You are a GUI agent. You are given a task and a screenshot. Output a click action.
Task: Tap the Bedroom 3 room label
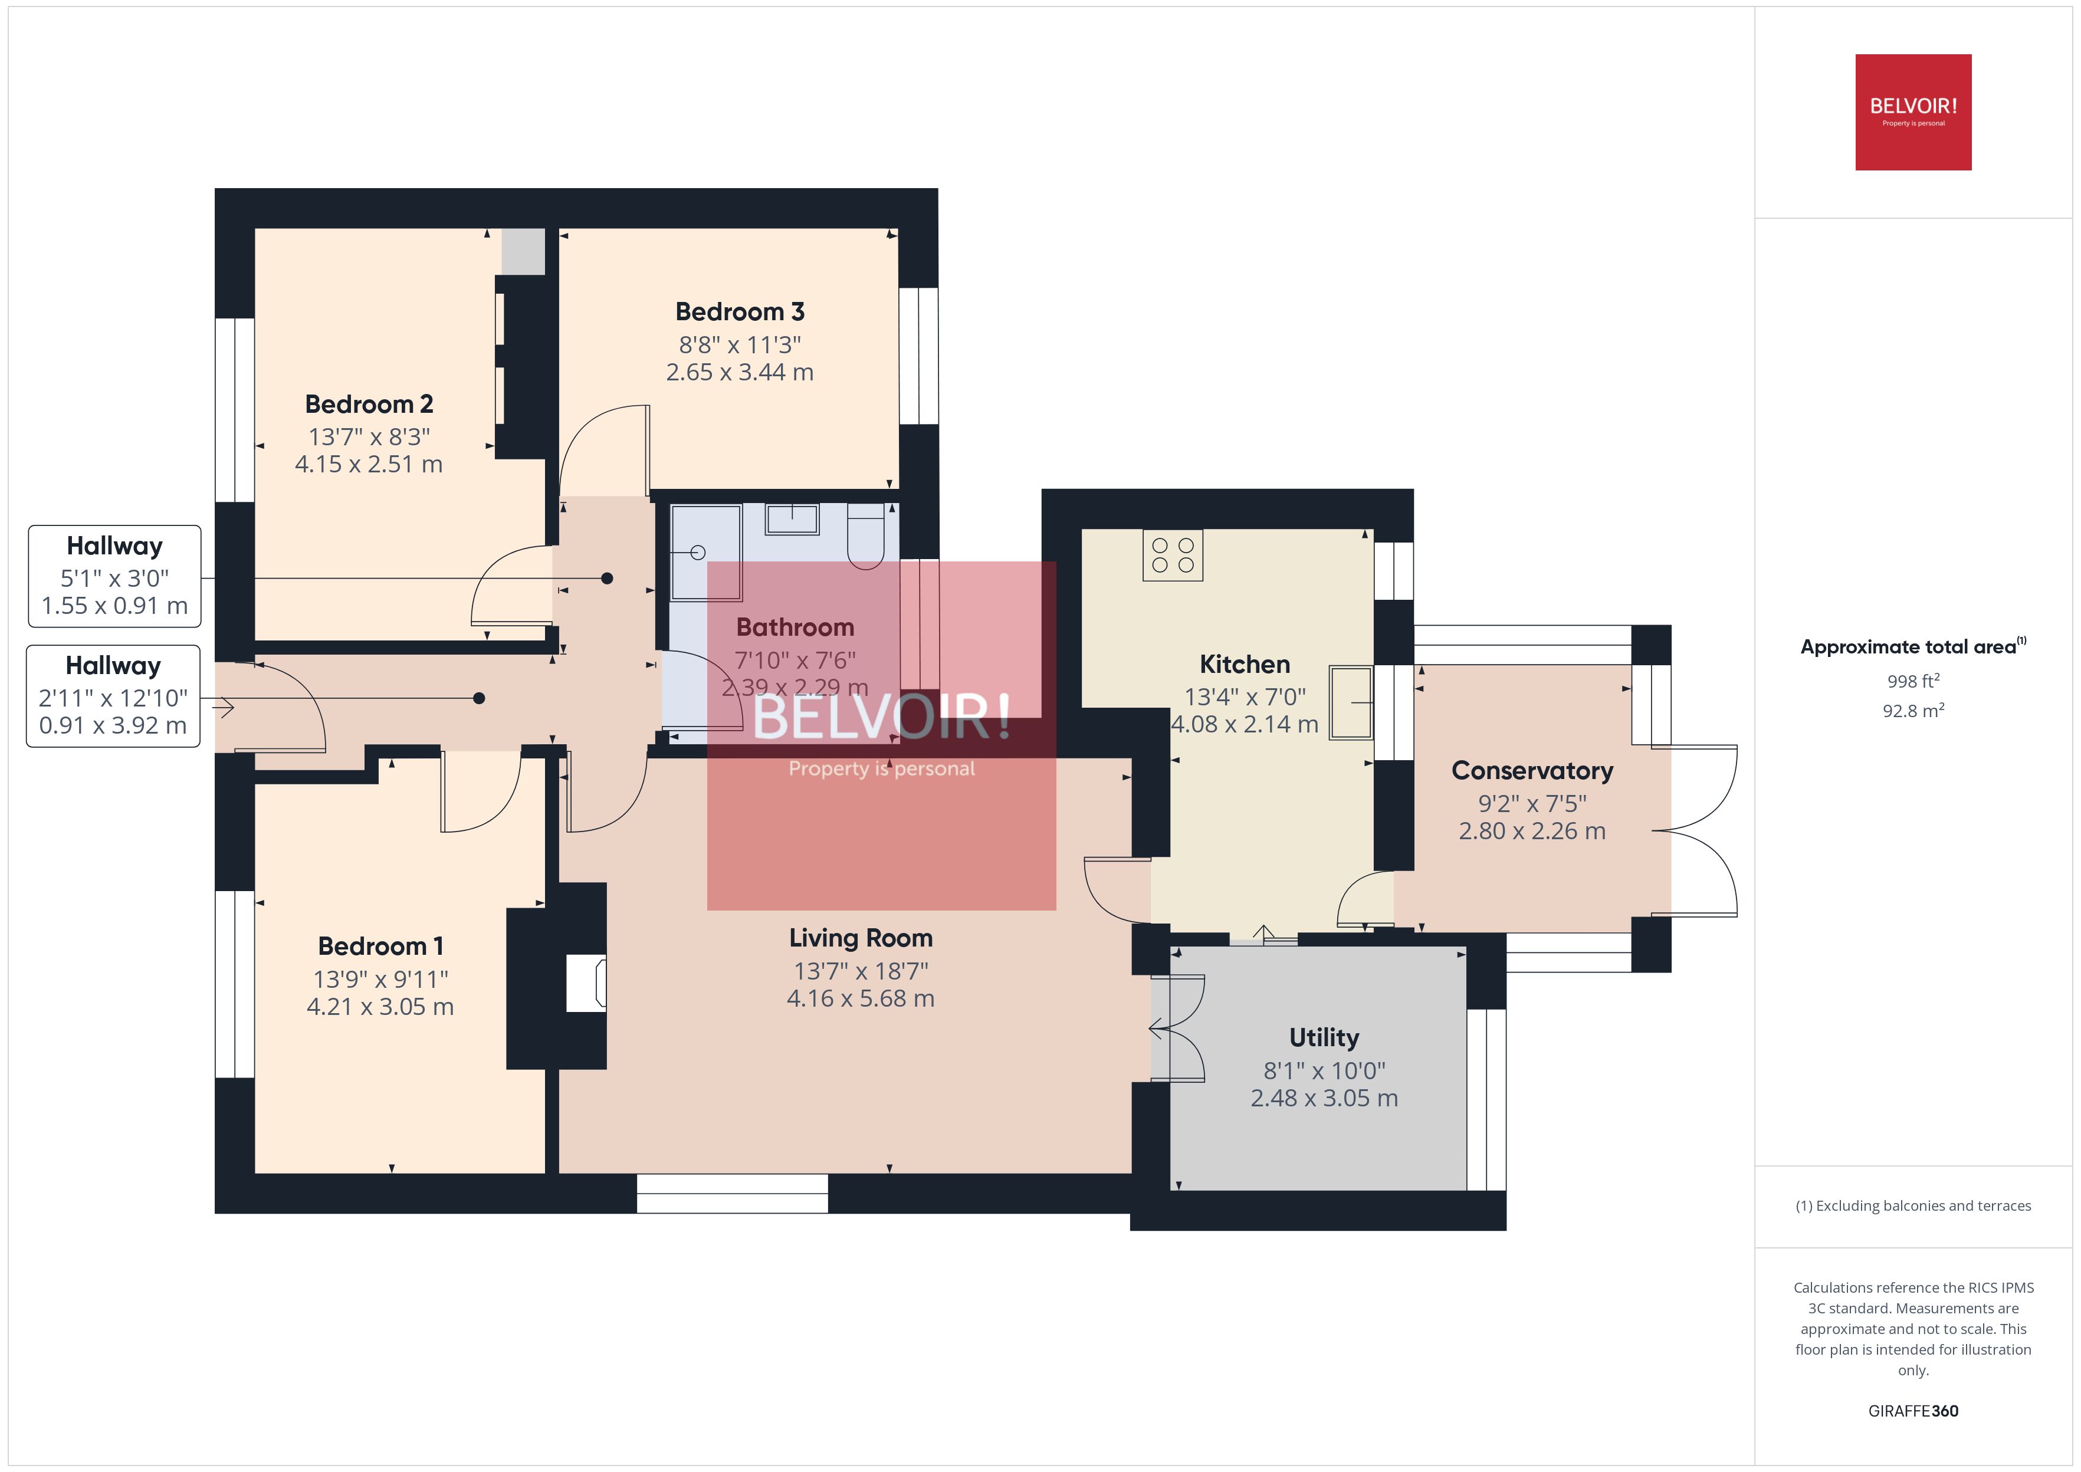coord(740,312)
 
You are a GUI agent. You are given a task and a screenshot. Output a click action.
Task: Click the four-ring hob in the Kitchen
coord(1172,555)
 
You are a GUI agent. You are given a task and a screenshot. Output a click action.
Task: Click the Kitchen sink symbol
coord(1351,702)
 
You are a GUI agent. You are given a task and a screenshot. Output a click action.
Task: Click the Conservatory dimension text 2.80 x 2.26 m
coord(1532,831)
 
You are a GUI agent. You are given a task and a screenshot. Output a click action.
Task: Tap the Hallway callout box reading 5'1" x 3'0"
coord(114,576)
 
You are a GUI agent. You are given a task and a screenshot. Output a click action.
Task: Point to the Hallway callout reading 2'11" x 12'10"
coord(113,696)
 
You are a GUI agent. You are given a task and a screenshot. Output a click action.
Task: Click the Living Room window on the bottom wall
coord(733,1193)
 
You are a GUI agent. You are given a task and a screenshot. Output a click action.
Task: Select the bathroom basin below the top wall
coord(792,520)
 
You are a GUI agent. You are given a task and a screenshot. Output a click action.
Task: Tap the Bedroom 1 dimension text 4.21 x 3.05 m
coord(380,1007)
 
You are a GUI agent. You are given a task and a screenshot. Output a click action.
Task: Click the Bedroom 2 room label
coord(369,404)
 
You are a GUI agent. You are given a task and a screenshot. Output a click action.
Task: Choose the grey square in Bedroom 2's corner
coord(523,252)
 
